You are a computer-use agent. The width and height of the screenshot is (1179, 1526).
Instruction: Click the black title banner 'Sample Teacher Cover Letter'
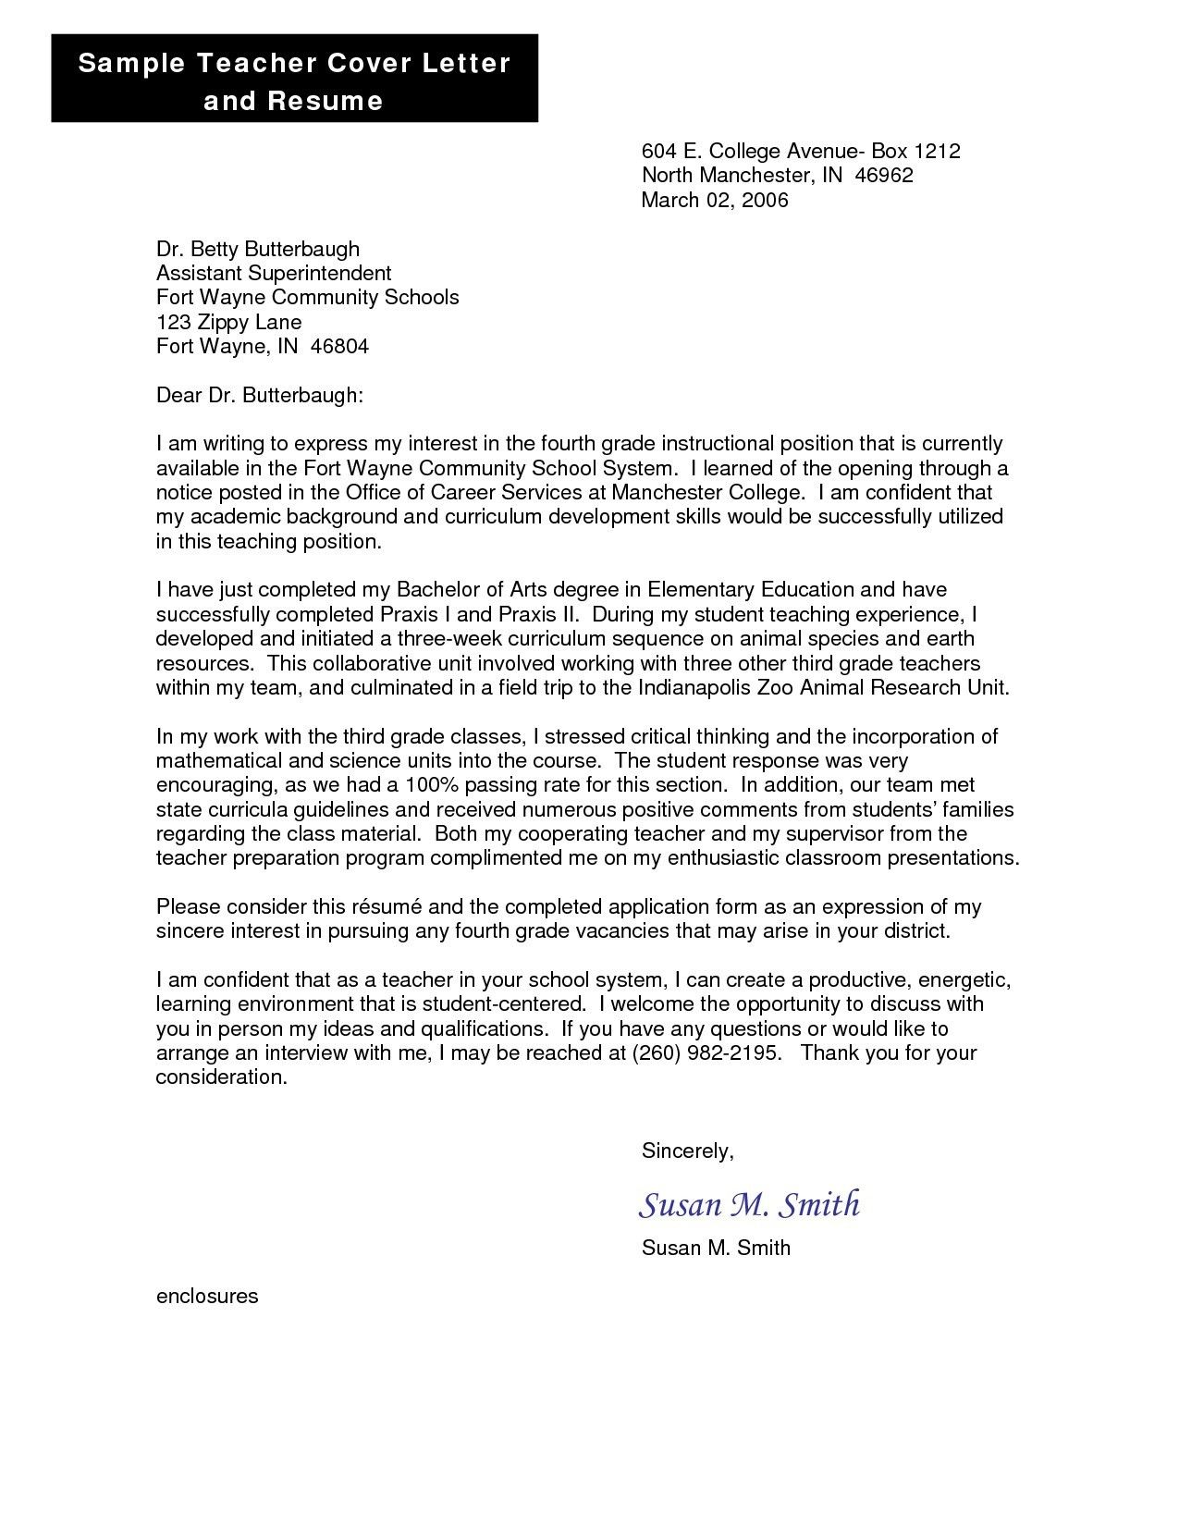[x=294, y=80]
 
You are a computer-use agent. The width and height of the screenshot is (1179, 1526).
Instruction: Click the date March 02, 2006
[x=714, y=200]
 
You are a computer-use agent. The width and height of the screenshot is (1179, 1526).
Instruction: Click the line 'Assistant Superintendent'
[x=274, y=273]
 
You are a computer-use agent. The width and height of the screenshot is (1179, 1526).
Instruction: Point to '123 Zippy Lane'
[x=228, y=322]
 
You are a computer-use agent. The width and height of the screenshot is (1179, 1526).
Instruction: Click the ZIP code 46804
[x=339, y=347]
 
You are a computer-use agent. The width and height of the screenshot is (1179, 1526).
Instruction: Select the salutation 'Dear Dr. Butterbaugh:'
[x=260, y=396]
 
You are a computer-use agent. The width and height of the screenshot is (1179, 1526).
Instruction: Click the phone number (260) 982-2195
[x=706, y=1052]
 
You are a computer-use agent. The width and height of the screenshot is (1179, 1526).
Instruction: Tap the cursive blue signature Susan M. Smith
[x=749, y=1204]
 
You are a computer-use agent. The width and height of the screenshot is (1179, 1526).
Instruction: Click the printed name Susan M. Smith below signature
[x=715, y=1248]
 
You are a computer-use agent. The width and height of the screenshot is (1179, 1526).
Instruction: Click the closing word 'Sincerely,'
[x=687, y=1151]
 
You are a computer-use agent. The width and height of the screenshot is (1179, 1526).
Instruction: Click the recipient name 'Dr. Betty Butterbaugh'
[x=257, y=249]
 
